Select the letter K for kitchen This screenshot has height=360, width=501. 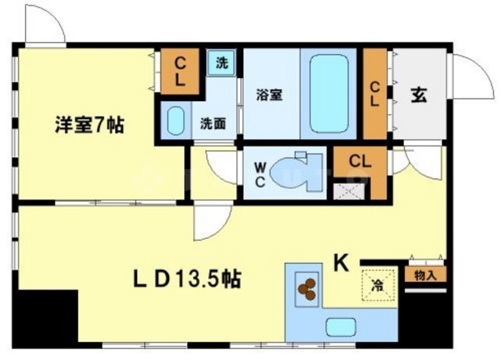342,264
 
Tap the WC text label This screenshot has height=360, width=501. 260,172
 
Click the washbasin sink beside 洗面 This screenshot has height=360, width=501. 176,122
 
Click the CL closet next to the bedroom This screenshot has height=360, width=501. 179,70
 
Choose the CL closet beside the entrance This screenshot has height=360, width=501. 375,93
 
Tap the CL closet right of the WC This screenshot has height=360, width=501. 359,162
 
